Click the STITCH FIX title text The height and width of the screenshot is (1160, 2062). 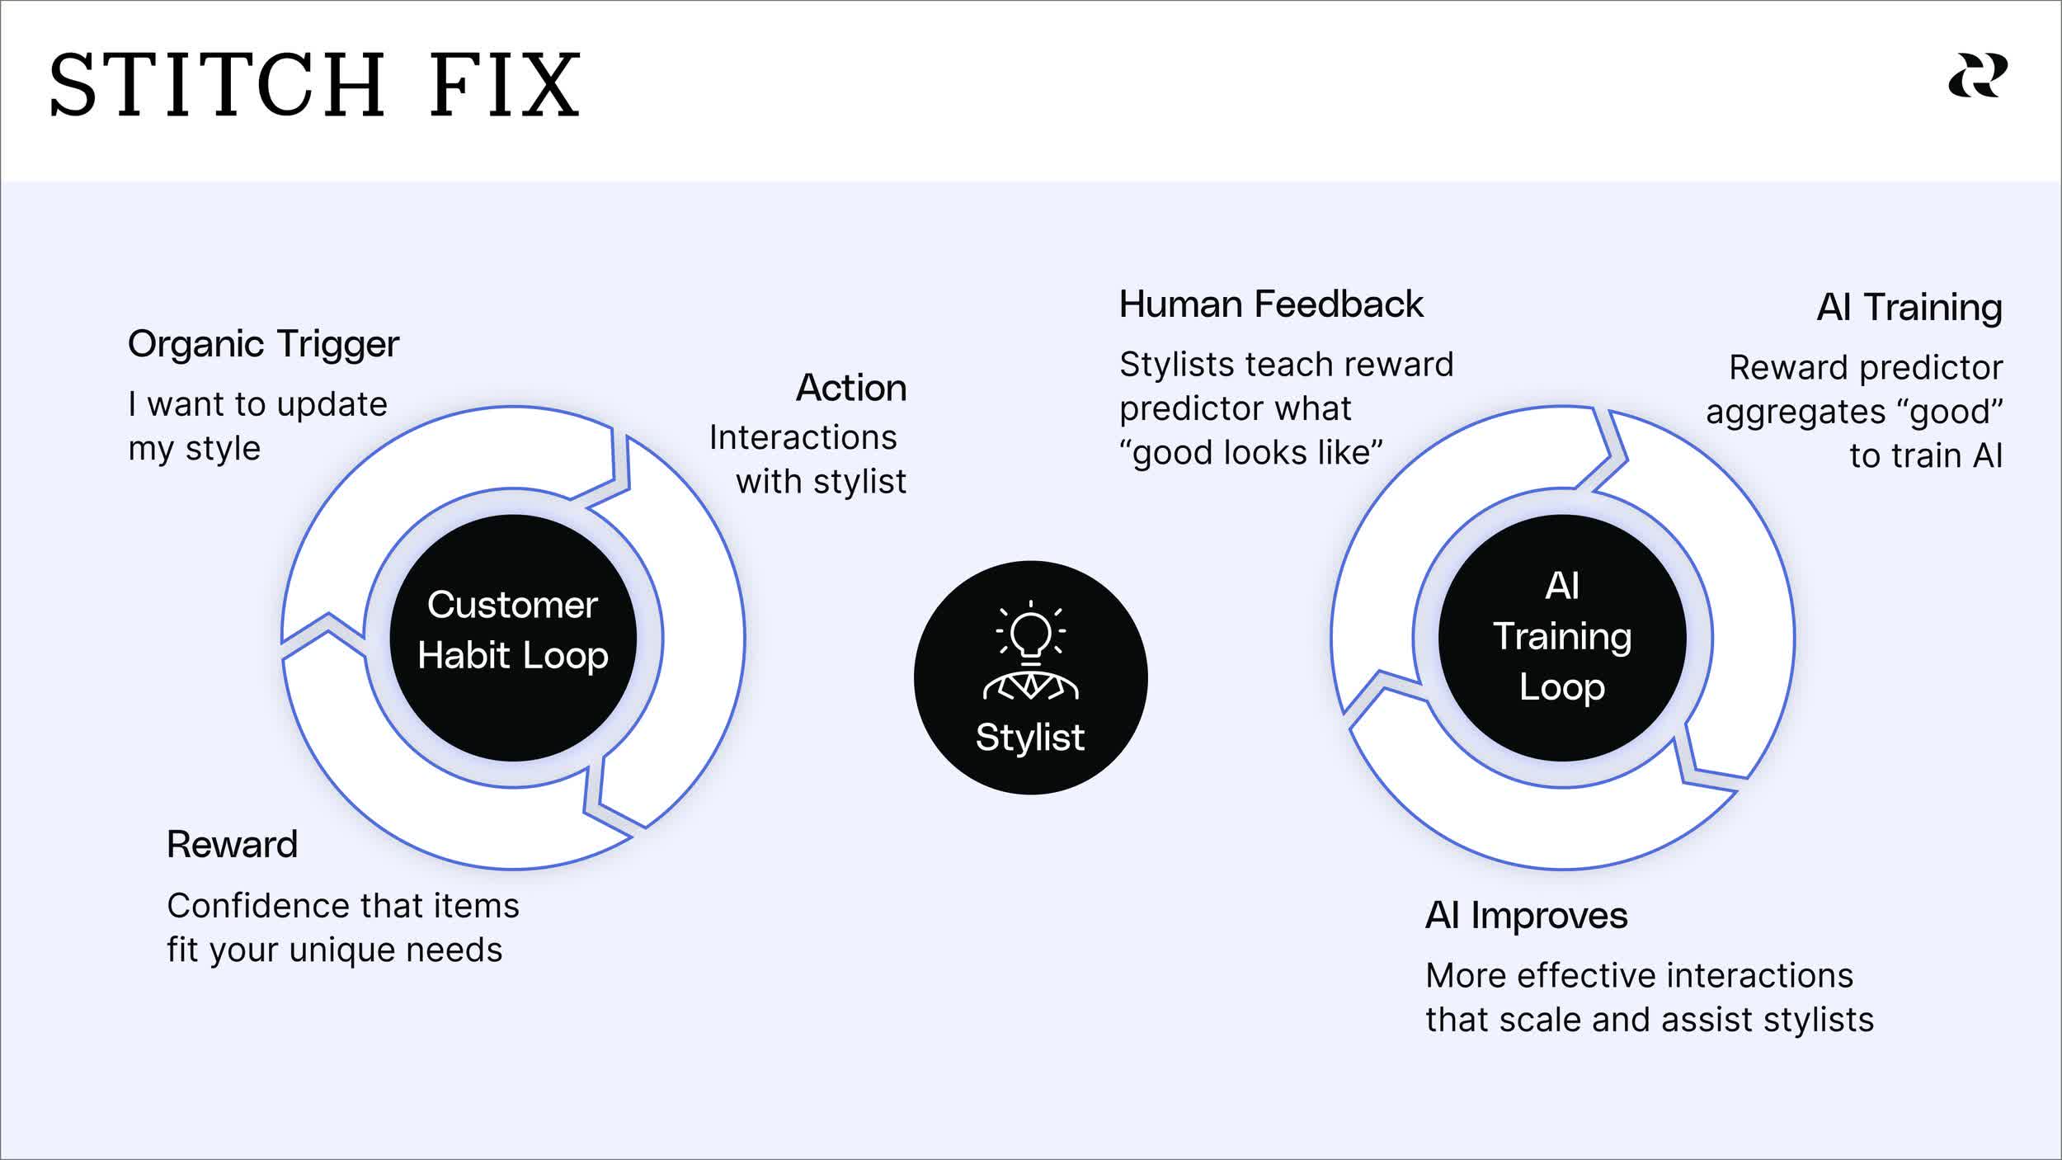click(315, 85)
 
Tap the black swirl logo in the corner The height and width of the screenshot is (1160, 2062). click(1977, 76)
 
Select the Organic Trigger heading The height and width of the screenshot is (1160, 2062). click(263, 343)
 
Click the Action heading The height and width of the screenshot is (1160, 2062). click(850, 388)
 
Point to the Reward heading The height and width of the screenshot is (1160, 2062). click(232, 844)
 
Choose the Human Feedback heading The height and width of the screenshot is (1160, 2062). click(1270, 304)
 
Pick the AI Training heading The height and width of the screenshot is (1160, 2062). click(1909, 307)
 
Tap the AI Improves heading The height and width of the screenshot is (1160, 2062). click(1526, 915)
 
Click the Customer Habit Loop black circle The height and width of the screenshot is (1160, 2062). click(512, 637)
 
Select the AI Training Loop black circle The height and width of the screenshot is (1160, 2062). click(1561, 637)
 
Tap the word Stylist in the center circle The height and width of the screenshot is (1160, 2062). click(1029, 737)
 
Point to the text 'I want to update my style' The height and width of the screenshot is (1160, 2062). click(257, 426)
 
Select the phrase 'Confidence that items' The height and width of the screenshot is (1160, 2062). click(342, 906)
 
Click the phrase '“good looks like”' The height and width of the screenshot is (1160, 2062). click(1250, 452)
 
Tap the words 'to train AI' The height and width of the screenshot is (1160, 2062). click(1925, 455)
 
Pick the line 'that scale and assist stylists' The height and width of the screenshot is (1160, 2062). click(1649, 1020)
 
